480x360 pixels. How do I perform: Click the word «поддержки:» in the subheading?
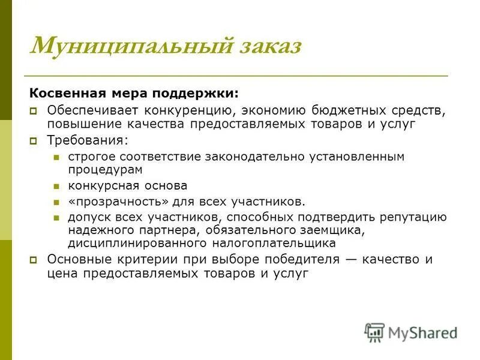[204, 94]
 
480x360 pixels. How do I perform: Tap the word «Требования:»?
[88, 140]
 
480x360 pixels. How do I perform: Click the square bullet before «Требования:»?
[35, 141]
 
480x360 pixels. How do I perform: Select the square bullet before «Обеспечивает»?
[35, 111]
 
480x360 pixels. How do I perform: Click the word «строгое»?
[91, 156]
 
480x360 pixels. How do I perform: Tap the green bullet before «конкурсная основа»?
[56, 187]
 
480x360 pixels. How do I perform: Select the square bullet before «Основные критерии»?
[35, 260]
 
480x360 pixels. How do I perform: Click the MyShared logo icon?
[374, 331]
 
